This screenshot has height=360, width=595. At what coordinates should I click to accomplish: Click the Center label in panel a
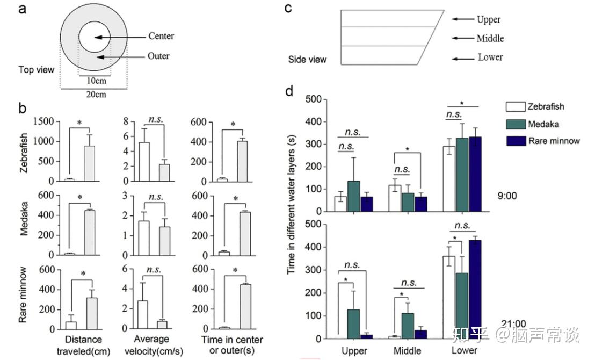[161, 37]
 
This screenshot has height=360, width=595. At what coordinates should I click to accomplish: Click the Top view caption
[37, 70]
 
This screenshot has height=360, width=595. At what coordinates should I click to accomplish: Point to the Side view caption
[307, 60]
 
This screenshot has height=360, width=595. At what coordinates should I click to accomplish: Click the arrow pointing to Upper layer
[461, 19]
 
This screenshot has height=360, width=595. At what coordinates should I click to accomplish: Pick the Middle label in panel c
[490, 39]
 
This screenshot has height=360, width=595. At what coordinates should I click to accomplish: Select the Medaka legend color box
[516, 124]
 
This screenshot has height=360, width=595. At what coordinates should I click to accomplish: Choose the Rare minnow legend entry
[554, 141]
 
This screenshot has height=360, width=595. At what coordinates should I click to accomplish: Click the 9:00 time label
[507, 196]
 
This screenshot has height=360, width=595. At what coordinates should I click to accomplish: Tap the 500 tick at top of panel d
[315, 100]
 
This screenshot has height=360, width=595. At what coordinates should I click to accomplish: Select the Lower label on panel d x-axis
[465, 350]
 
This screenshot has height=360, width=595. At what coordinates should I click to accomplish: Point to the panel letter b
[23, 108]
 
